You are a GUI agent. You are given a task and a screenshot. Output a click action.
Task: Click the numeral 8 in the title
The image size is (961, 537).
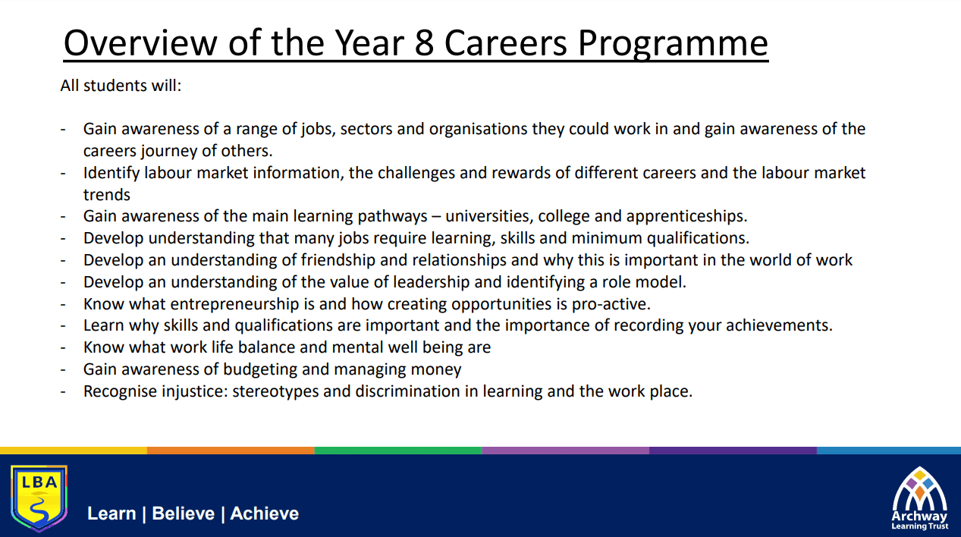tap(424, 43)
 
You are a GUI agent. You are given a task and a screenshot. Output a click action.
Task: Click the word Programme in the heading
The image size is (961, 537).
tap(673, 45)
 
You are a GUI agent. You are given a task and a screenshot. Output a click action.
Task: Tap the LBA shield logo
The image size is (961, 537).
tap(39, 498)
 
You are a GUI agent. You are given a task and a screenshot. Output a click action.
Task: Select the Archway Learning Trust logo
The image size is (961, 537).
tap(919, 498)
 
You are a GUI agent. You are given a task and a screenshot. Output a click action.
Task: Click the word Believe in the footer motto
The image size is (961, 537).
tap(184, 513)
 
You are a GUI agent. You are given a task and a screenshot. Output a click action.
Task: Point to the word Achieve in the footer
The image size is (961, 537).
tap(264, 513)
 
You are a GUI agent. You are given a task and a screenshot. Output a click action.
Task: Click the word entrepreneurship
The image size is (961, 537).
tap(234, 305)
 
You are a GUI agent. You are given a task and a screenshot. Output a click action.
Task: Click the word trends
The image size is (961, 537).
tap(106, 195)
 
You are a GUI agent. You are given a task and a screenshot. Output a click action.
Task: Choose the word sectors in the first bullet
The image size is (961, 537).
tap(366, 129)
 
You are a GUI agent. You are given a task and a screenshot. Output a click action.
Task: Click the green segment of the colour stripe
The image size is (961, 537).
tap(398, 451)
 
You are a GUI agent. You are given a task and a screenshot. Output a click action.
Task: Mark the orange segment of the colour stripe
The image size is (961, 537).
tap(231, 451)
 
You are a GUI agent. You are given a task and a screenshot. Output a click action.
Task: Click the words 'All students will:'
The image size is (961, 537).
tap(121, 86)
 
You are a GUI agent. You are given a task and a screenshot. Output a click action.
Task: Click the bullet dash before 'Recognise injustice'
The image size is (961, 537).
tap(63, 392)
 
